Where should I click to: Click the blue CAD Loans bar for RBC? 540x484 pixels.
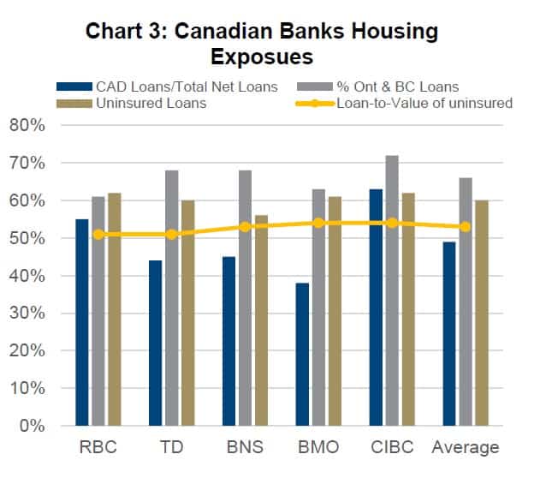point(82,322)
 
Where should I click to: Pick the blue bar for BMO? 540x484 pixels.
point(302,354)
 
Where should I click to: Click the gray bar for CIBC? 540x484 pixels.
point(392,290)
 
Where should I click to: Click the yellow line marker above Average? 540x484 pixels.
point(465,227)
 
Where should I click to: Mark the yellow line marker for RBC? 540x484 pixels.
point(98,234)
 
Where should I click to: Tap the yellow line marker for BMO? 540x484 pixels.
point(317,223)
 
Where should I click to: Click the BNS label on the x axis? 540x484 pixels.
point(245,447)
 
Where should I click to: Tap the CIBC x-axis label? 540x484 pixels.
point(391,447)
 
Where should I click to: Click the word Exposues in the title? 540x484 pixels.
point(262,57)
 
